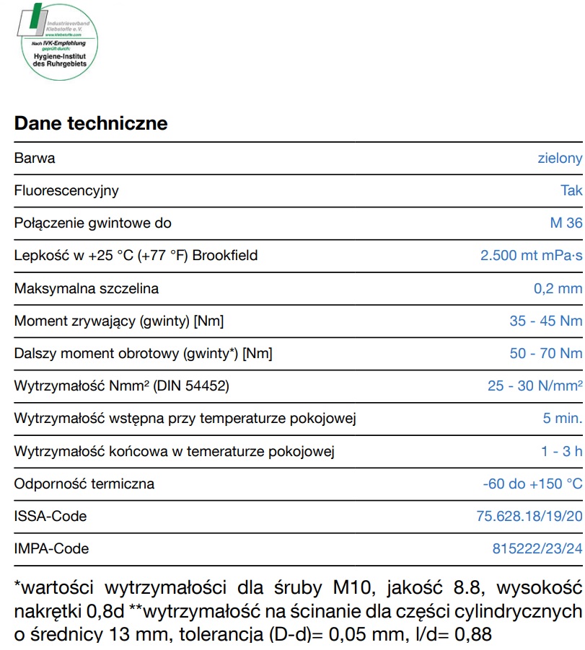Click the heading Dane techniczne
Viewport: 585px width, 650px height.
click(91, 123)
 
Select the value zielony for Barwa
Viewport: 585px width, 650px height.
click(560, 159)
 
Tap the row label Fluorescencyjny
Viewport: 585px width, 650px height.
click(66, 191)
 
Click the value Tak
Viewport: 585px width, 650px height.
click(571, 191)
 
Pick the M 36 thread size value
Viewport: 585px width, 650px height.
click(566, 223)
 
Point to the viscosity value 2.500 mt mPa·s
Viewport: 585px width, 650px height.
click(531, 256)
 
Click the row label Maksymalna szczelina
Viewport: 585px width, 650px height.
click(87, 288)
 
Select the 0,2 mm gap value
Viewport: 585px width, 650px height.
click(557, 288)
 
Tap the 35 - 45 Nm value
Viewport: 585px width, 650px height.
click(545, 321)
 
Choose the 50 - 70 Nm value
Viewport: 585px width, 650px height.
click(545, 353)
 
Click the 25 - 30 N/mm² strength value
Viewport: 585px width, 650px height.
click(535, 386)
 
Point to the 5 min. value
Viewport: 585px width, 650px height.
click(562, 418)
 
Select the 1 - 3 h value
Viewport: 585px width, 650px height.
click(561, 451)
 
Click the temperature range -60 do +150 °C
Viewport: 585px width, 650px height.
click(532, 484)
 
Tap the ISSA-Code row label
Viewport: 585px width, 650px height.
click(50, 516)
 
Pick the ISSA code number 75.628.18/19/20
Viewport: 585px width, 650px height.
click(529, 516)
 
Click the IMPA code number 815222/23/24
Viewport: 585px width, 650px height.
click(537, 548)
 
